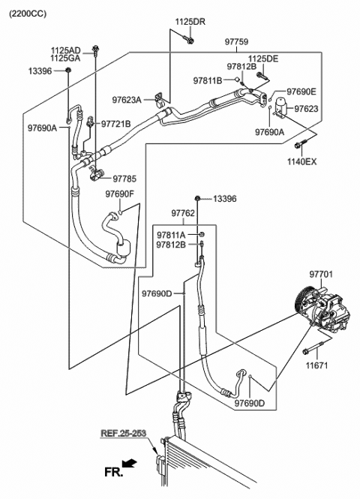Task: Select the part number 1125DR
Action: [x=190, y=23]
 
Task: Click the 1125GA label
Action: [x=66, y=58]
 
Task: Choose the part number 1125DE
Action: [x=262, y=59]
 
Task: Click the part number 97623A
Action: [x=128, y=99]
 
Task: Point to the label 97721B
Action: [x=115, y=124]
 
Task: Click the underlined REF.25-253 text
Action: [x=124, y=433]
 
